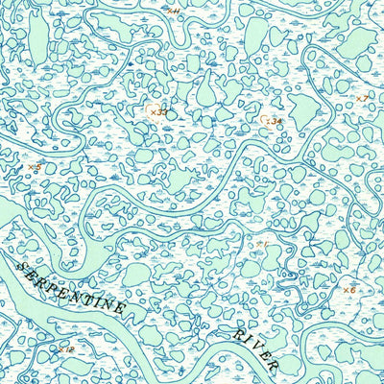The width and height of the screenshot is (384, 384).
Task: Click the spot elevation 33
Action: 156,112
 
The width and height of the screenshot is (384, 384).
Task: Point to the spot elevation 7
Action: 362,99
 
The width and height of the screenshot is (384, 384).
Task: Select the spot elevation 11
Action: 174,10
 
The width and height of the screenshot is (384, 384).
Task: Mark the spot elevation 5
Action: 35,167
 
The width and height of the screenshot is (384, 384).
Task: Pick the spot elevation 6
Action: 349,290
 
